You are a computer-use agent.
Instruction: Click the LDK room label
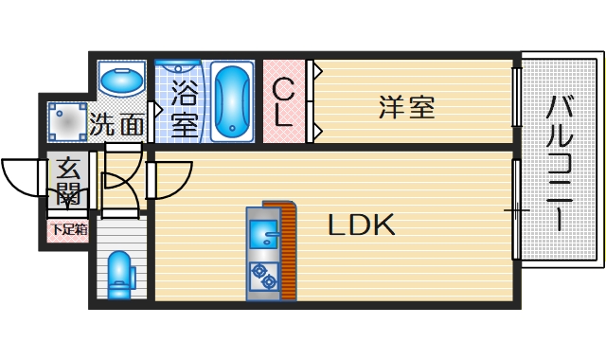point(361,225)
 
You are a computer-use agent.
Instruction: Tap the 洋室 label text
point(408,106)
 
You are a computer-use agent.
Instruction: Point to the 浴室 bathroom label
point(184,108)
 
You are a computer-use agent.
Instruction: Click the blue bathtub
point(230,102)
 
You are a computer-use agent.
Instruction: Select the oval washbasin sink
point(120,82)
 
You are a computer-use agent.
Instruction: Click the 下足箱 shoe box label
point(68,228)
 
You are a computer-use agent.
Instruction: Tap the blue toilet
point(120,275)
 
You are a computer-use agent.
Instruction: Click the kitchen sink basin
point(261,230)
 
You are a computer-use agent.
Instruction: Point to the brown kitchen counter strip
point(286,251)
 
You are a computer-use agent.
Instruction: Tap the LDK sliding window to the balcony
point(515,208)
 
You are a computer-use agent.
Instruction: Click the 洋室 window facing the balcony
point(516,97)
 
